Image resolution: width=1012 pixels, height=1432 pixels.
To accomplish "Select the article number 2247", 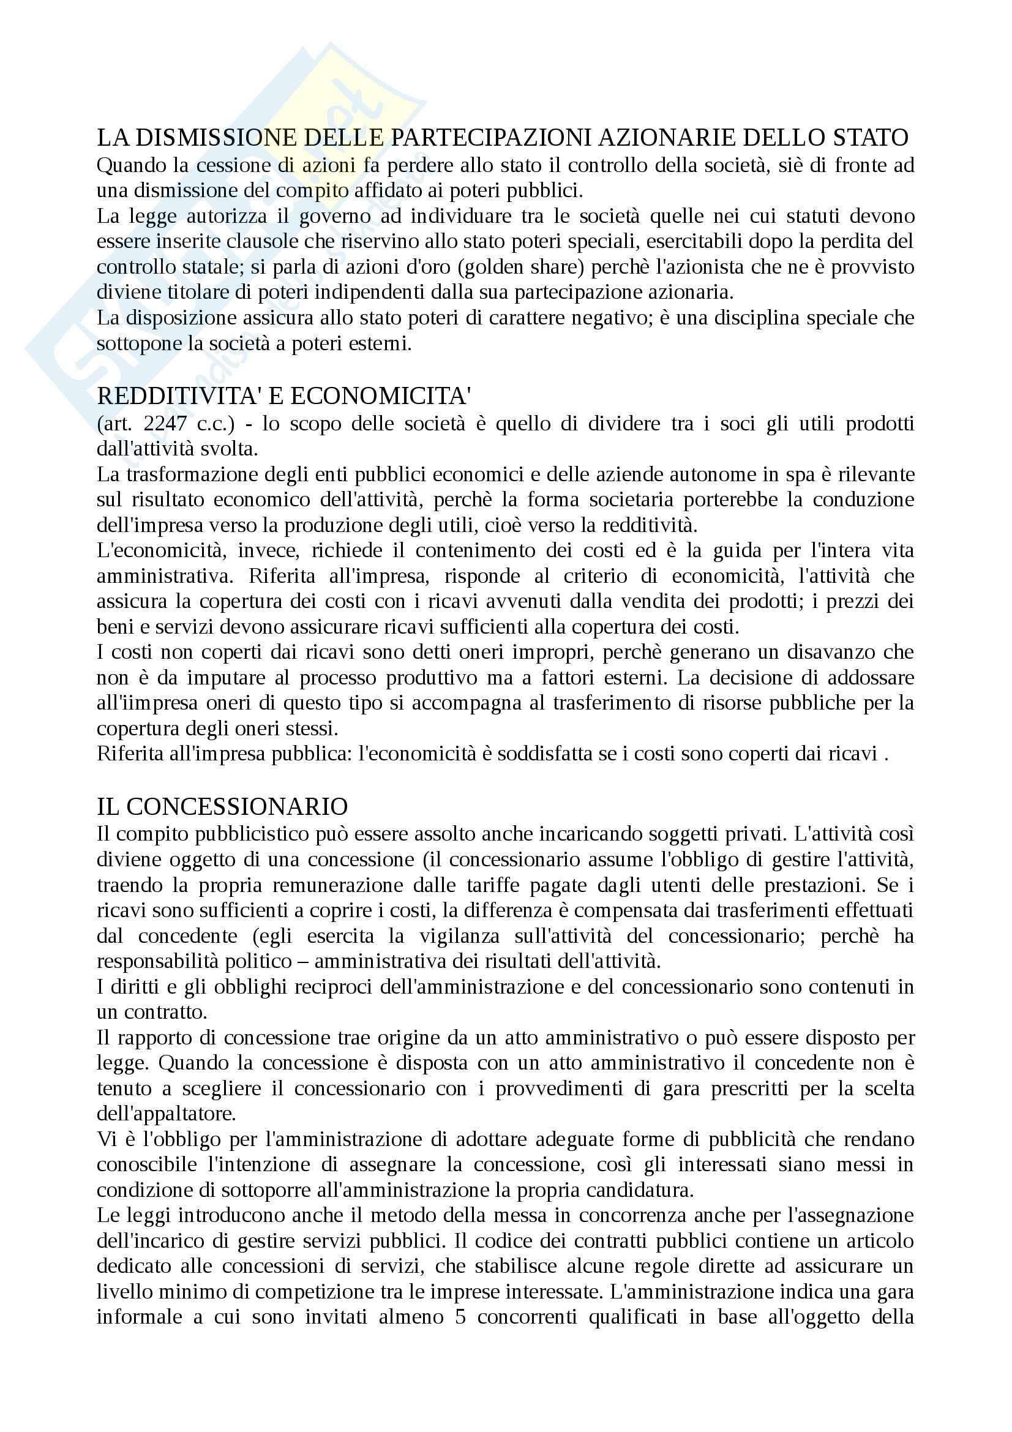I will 165,424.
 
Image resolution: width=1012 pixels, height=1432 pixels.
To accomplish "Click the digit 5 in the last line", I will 461,1318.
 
